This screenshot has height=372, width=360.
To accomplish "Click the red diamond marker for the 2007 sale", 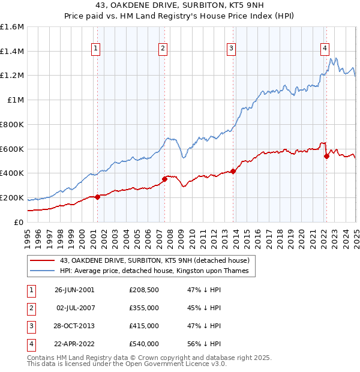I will pos(164,178).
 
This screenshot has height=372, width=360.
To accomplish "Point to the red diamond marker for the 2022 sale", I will pos(326,156).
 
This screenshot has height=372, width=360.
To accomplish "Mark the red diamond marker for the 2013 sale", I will pos(233,171).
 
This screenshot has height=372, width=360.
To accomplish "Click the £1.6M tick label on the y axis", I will pos(12,27).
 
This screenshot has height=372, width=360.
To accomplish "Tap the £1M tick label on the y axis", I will pos(16,100).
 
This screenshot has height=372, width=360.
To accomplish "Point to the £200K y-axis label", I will pos(12,197).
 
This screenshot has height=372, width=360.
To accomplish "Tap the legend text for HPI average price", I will pos(158,271).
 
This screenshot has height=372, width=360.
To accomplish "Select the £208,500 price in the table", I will pos(143,290).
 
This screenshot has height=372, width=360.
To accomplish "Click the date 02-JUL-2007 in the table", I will pos(74,308).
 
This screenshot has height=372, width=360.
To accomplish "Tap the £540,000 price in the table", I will pos(143,344).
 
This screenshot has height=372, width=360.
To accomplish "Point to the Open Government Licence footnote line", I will pos(127,364).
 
